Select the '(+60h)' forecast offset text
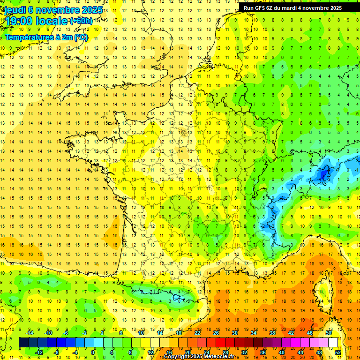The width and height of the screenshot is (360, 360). tap(81, 21)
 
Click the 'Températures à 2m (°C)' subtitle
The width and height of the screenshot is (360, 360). tap(46, 37)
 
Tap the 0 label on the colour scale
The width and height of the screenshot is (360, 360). tap(93, 352)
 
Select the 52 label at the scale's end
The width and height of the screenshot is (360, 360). tap(338, 352)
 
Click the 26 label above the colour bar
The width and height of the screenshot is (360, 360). tap(216, 333)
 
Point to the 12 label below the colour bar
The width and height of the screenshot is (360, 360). tap(150, 352)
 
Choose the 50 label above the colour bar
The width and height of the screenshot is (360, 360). tap(328, 333)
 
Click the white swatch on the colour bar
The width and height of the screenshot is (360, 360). tap(333, 343)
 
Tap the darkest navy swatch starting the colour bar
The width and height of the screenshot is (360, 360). tap(23, 343)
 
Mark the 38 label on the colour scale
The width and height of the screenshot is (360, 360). tap(272, 333)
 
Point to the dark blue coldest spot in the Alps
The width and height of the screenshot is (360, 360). tap(323, 175)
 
